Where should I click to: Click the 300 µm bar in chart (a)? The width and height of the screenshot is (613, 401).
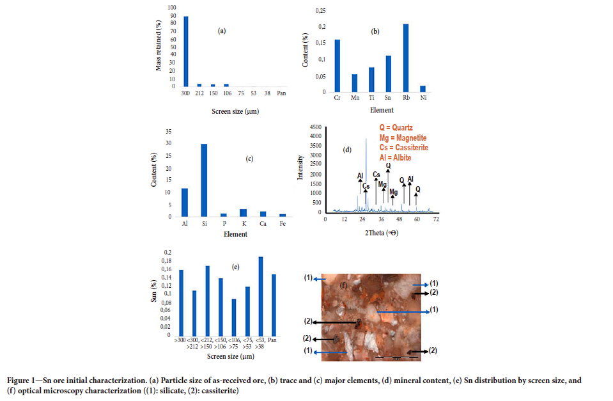point(186,51)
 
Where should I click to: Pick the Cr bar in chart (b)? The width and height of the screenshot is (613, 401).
point(337,67)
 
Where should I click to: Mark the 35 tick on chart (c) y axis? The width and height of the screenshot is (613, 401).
point(169,131)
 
